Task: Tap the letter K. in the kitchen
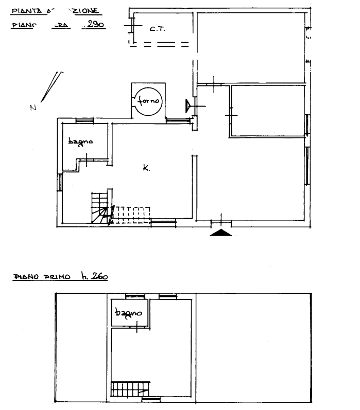point(146,166)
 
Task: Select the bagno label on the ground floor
point(77,141)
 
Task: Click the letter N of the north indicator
point(33,108)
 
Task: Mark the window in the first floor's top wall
point(136,296)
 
